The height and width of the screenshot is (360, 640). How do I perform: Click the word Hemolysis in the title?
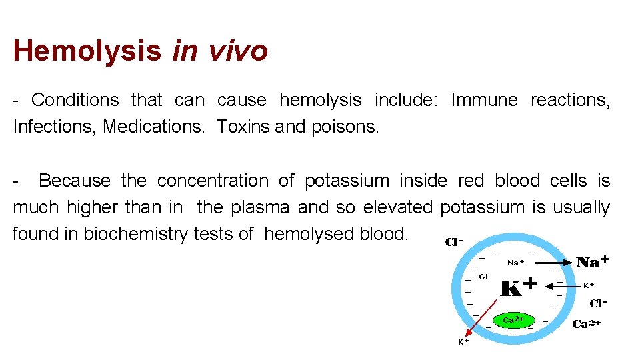[87, 51]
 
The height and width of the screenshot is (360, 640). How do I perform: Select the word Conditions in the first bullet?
[75, 100]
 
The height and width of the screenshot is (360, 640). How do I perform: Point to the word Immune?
[484, 100]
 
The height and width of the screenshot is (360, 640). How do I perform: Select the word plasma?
[260, 207]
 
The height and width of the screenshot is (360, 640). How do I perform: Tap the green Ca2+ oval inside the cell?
[513, 321]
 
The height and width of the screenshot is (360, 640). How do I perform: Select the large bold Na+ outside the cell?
[593, 262]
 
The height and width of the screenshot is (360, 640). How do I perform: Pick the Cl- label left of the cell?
[453, 242]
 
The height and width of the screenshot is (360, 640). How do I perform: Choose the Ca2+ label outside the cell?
[587, 325]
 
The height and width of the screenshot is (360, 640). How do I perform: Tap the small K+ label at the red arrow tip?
[463, 342]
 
